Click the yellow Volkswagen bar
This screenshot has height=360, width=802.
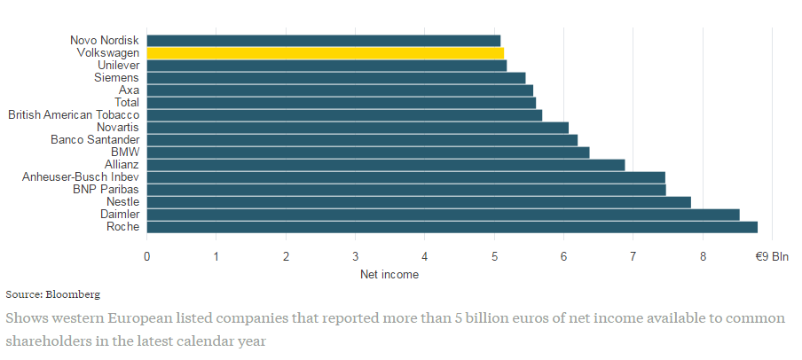325,52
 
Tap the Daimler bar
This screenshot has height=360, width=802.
443,214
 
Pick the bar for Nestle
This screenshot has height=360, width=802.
418,201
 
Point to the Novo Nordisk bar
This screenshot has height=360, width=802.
323,40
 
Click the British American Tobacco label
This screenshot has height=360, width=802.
74,114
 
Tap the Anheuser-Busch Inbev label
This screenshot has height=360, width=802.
81,176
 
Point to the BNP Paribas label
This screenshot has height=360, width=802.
106,189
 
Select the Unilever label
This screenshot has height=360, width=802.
118,65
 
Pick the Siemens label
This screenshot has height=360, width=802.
116,77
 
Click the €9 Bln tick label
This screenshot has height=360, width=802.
771,256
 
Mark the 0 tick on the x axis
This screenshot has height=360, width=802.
146,256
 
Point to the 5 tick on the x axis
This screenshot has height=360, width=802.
494,256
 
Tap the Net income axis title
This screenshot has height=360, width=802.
389,274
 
